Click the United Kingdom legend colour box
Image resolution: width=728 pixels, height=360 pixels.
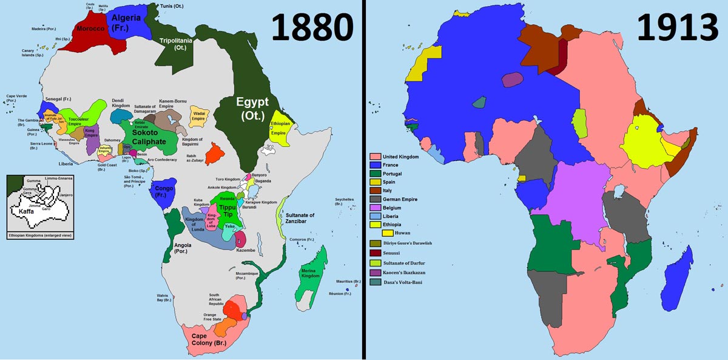coord(375,157)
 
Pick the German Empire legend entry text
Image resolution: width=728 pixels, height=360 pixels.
coord(405,199)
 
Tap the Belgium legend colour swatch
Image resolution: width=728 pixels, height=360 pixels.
coord(375,208)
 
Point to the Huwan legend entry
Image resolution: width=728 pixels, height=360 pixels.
coord(403,233)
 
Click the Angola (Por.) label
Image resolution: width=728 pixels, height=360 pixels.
coord(183,249)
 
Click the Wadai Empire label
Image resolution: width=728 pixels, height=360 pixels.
coord(198,115)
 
